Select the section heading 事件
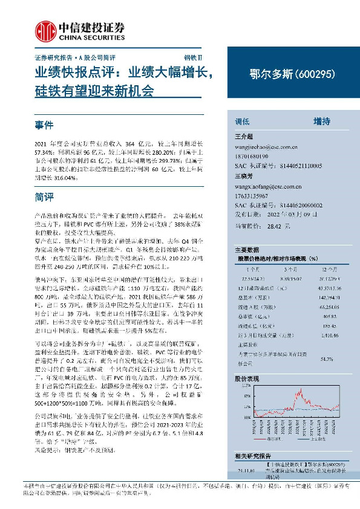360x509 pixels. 45,125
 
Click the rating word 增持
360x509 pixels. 321,121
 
